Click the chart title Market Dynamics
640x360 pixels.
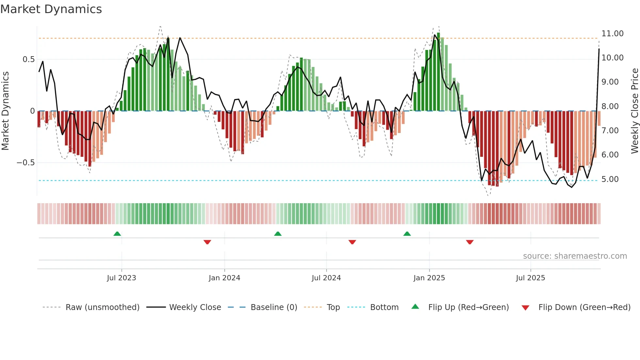[x=51, y=9]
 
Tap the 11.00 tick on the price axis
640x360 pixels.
[x=612, y=34]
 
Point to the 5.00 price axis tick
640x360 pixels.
[x=610, y=179]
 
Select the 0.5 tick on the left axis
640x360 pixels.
[x=28, y=59]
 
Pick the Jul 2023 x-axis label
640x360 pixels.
[x=121, y=278]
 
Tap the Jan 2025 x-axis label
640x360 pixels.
[x=429, y=278]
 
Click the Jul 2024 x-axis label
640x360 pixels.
[x=326, y=278]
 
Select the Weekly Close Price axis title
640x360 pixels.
[x=634, y=111]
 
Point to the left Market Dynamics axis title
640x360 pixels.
[x=5, y=111]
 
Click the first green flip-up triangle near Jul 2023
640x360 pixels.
[x=117, y=234]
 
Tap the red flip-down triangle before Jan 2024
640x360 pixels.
[x=207, y=242]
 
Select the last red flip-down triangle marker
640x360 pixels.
[x=470, y=242]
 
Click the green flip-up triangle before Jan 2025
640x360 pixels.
[x=407, y=234]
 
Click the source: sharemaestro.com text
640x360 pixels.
[x=575, y=256]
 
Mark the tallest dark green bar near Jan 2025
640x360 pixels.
[x=439, y=72]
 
